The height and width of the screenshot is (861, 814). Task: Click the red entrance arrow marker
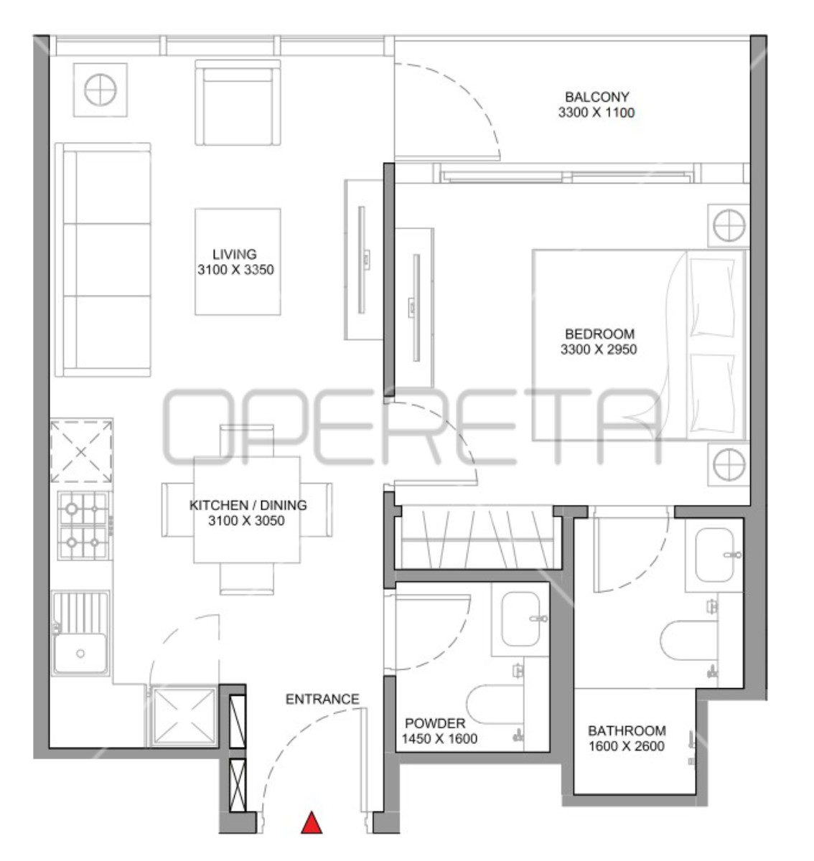pyautogui.click(x=312, y=823)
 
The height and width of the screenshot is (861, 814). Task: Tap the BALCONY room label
pyautogui.click(x=597, y=97)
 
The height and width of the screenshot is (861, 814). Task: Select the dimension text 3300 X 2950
pyautogui.click(x=599, y=349)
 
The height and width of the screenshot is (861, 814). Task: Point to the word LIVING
pyautogui.click(x=234, y=254)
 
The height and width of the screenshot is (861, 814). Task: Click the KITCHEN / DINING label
pyautogui.click(x=248, y=505)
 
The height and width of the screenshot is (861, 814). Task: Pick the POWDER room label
pyautogui.click(x=435, y=723)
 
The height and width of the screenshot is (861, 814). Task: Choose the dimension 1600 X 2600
pyautogui.click(x=627, y=746)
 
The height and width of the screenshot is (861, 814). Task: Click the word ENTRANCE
pyautogui.click(x=322, y=700)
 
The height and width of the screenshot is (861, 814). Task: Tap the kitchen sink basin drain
pyautogui.click(x=80, y=654)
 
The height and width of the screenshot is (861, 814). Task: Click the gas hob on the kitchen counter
pyautogui.click(x=83, y=526)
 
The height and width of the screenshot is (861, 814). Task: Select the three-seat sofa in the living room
pyautogui.click(x=103, y=260)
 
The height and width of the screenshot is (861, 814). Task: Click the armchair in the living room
pyautogui.click(x=238, y=103)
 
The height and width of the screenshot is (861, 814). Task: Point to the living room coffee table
pyautogui.click(x=238, y=262)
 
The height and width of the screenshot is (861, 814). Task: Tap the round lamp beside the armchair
pyautogui.click(x=100, y=90)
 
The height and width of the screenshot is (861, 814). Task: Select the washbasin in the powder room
pyautogui.click(x=520, y=619)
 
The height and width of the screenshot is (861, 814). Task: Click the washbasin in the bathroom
pyautogui.click(x=714, y=555)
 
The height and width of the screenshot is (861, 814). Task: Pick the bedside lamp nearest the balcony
pyautogui.click(x=729, y=226)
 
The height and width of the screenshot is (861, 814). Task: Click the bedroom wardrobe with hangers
pyautogui.click(x=477, y=538)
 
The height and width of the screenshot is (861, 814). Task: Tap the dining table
pyautogui.click(x=247, y=510)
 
